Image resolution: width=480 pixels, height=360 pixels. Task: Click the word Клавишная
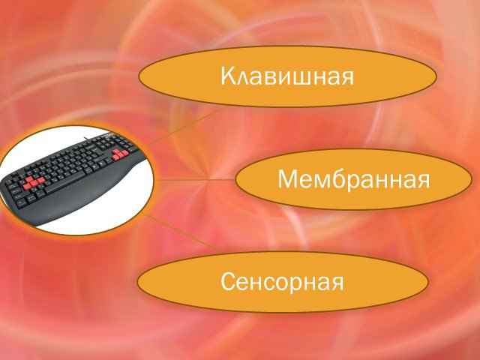click(287, 76)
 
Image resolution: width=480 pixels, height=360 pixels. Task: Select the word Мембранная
click(354, 178)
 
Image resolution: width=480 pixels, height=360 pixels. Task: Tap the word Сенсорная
click(282, 282)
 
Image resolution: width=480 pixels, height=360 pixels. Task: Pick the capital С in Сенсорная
click(229, 281)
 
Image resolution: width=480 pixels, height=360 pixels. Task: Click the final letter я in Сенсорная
click(337, 283)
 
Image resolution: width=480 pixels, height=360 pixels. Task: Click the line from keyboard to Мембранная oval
click(195, 180)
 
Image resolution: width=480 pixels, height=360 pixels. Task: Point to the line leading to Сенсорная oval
click(183, 233)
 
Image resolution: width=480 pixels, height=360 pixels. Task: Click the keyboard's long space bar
click(65, 182)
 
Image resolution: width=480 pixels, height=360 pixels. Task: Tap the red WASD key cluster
click(32, 182)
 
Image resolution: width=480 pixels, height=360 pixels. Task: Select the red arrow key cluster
click(120, 155)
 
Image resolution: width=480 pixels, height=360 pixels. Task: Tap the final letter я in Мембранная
click(423, 181)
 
